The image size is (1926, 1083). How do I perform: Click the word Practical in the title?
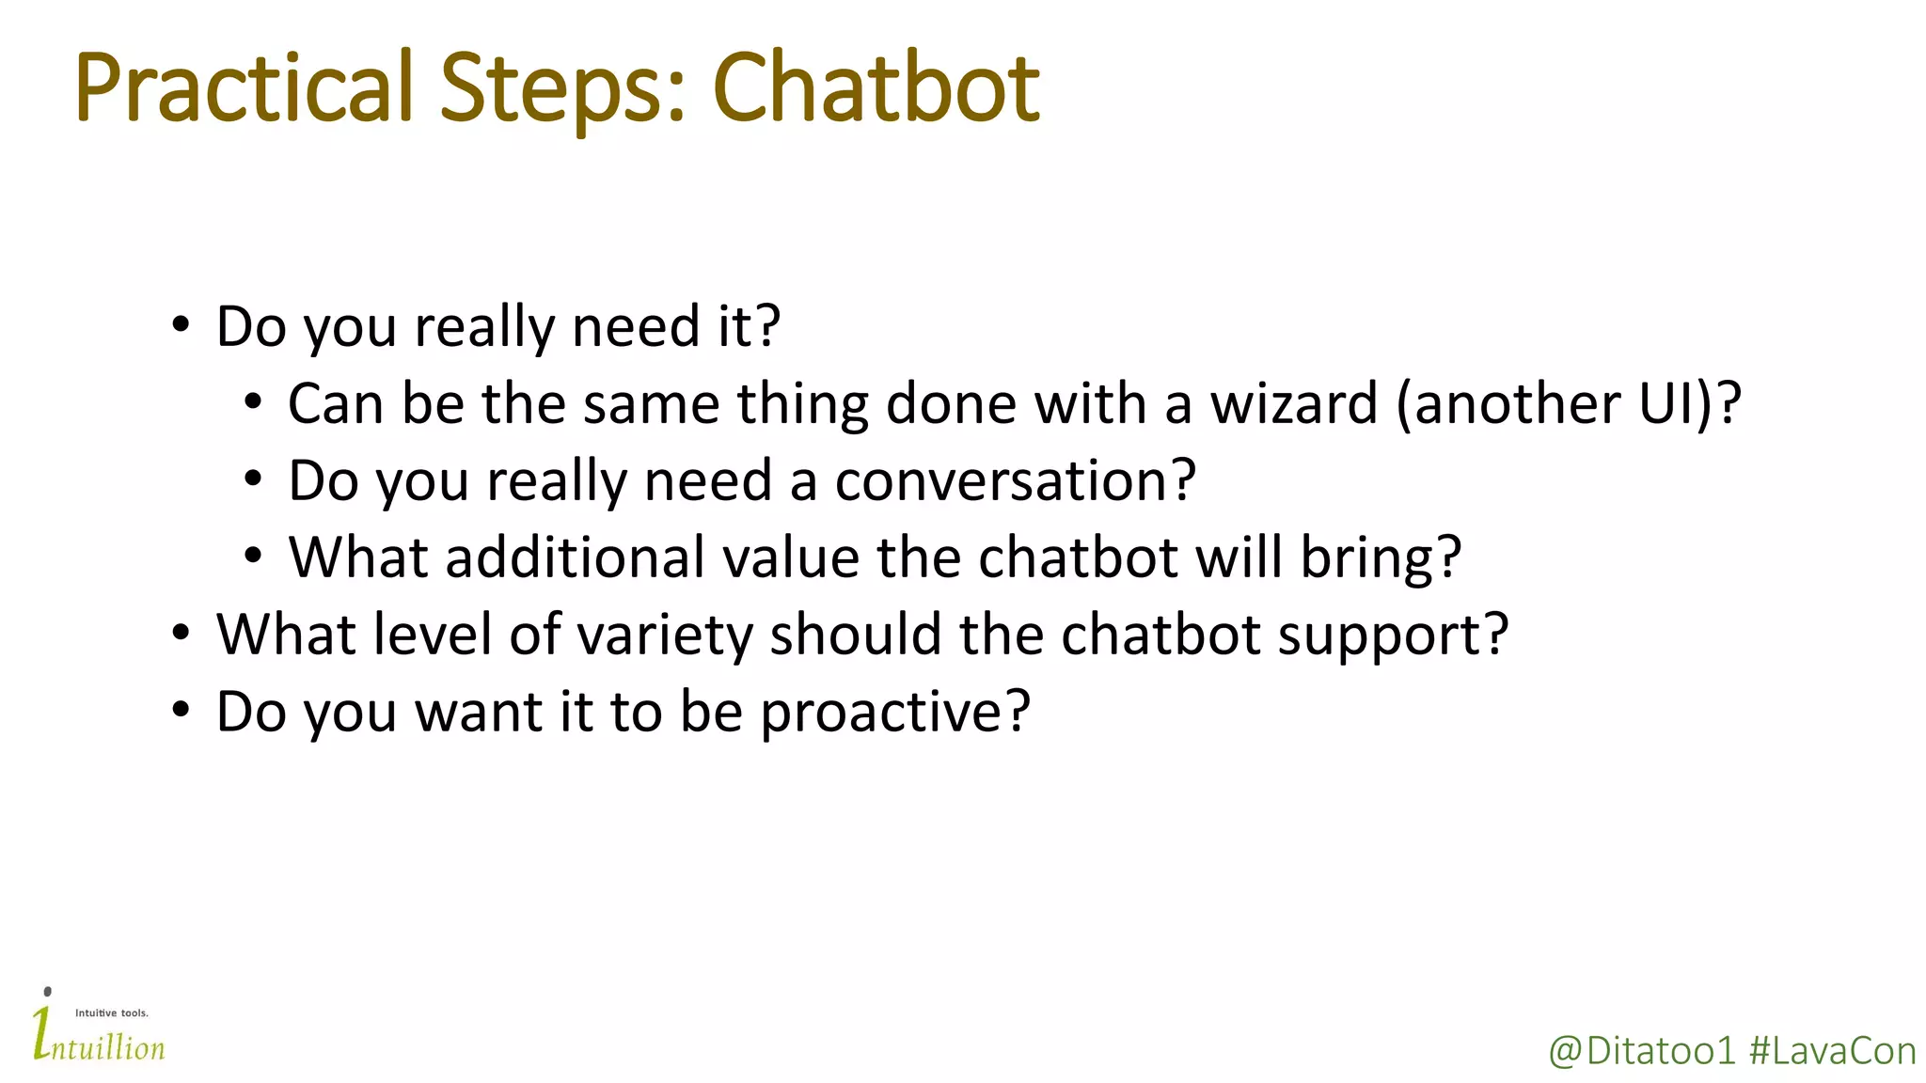pyautogui.click(x=243, y=89)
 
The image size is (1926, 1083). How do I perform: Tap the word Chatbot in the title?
pyautogui.click(x=876, y=89)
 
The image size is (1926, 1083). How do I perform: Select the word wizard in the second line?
pyautogui.click(x=1293, y=404)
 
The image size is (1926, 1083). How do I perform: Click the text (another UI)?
pyautogui.click(x=1569, y=404)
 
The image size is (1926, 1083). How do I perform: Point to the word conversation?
pyautogui.click(x=1015, y=481)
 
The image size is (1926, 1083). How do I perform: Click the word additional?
pyautogui.click(x=575, y=557)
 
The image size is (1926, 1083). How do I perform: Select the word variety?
pyautogui.click(x=664, y=636)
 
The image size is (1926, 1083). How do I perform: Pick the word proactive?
pyautogui.click(x=895, y=713)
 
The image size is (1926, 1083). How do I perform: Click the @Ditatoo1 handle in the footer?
pyautogui.click(x=1641, y=1051)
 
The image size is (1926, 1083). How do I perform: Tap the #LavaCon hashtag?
pyautogui.click(x=1832, y=1051)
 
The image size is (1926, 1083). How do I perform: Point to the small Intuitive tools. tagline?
pyautogui.click(x=111, y=1013)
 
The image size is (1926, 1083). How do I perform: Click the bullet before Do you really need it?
pyautogui.click(x=181, y=326)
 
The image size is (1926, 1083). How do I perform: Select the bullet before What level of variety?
pyautogui.click(x=181, y=634)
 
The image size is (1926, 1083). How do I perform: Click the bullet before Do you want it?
pyautogui.click(x=181, y=711)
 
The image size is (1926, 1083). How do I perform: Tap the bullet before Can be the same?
pyautogui.click(x=252, y=403)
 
